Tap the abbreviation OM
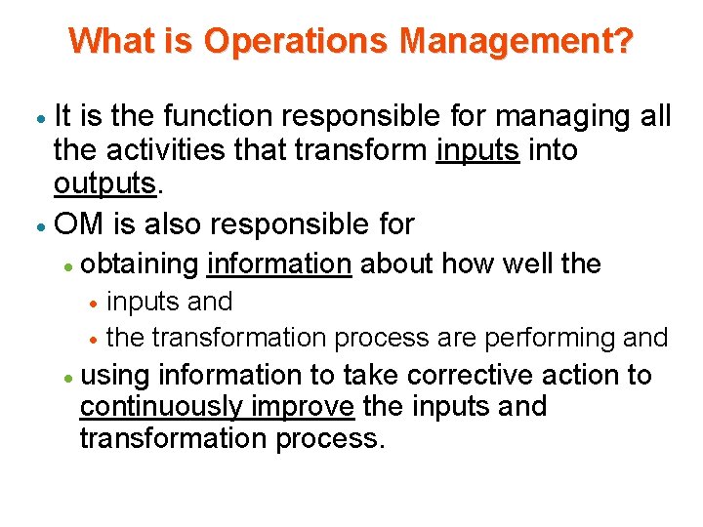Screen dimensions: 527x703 click(79, 224)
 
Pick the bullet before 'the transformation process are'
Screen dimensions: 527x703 click(92, 340)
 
